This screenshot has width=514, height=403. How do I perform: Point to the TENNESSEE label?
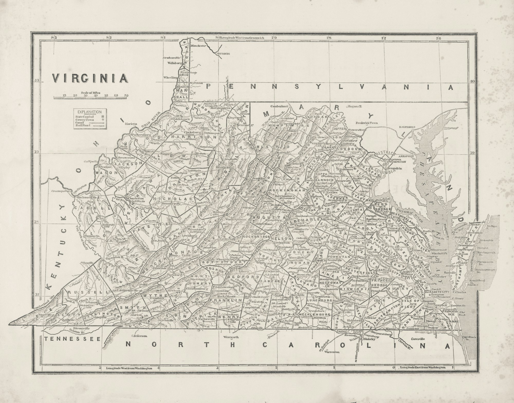coord(72,339)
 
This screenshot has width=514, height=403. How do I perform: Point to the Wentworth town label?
coord(232,337)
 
